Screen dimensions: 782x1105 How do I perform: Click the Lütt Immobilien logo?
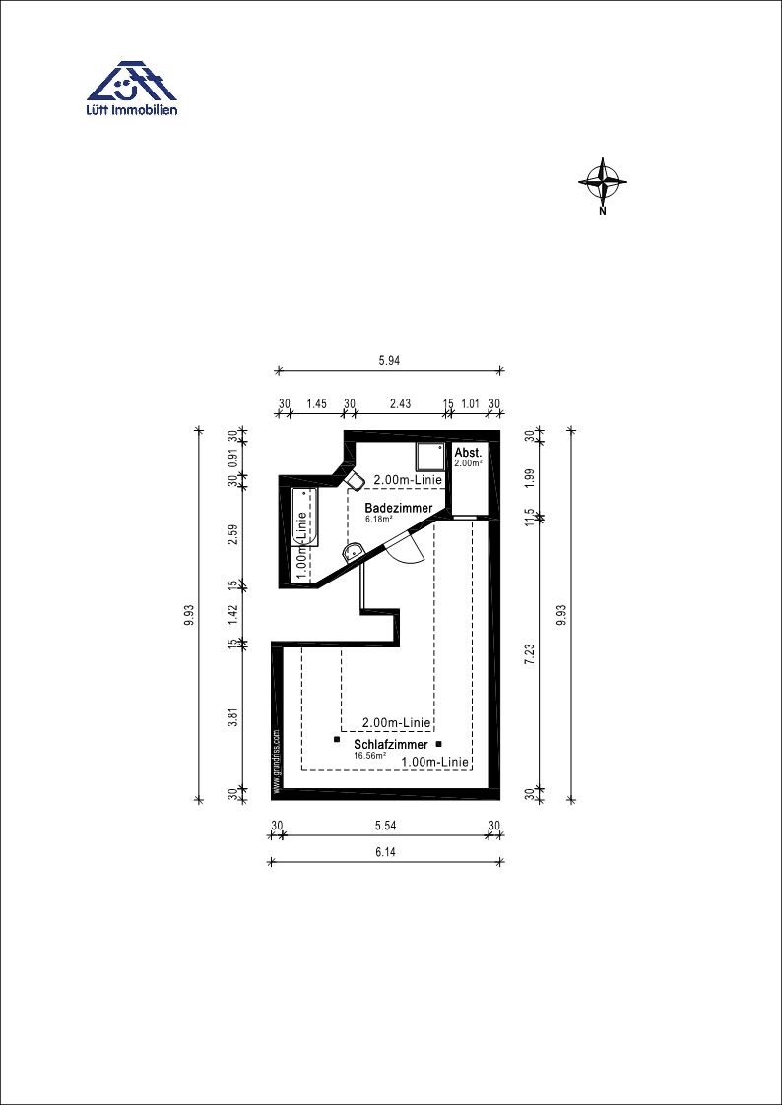tap(132, 88)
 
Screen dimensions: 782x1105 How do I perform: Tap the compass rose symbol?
tap(603, 183)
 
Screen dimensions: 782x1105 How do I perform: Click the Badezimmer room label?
tap(399, 508)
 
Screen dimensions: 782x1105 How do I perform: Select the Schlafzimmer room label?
tap(391, 745)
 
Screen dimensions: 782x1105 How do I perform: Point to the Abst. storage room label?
tap(468, 453)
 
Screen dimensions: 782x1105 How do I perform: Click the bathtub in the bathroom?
tap(304, 518)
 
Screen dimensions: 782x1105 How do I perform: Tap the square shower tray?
tap(429, 458)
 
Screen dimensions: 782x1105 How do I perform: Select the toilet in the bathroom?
tap(354, 480)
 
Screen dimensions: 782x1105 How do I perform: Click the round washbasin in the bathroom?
tap(353, 553)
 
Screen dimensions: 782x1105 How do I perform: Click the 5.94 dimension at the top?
tap(389, 360)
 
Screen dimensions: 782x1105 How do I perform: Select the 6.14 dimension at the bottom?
tap(384, 852)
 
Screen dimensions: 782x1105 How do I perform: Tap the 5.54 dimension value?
tap(384, 826)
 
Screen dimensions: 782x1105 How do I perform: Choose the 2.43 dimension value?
tap(399, 403)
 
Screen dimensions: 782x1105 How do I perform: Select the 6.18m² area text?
tap(378, 519)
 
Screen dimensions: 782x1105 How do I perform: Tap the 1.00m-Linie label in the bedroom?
tap(435, 762)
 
